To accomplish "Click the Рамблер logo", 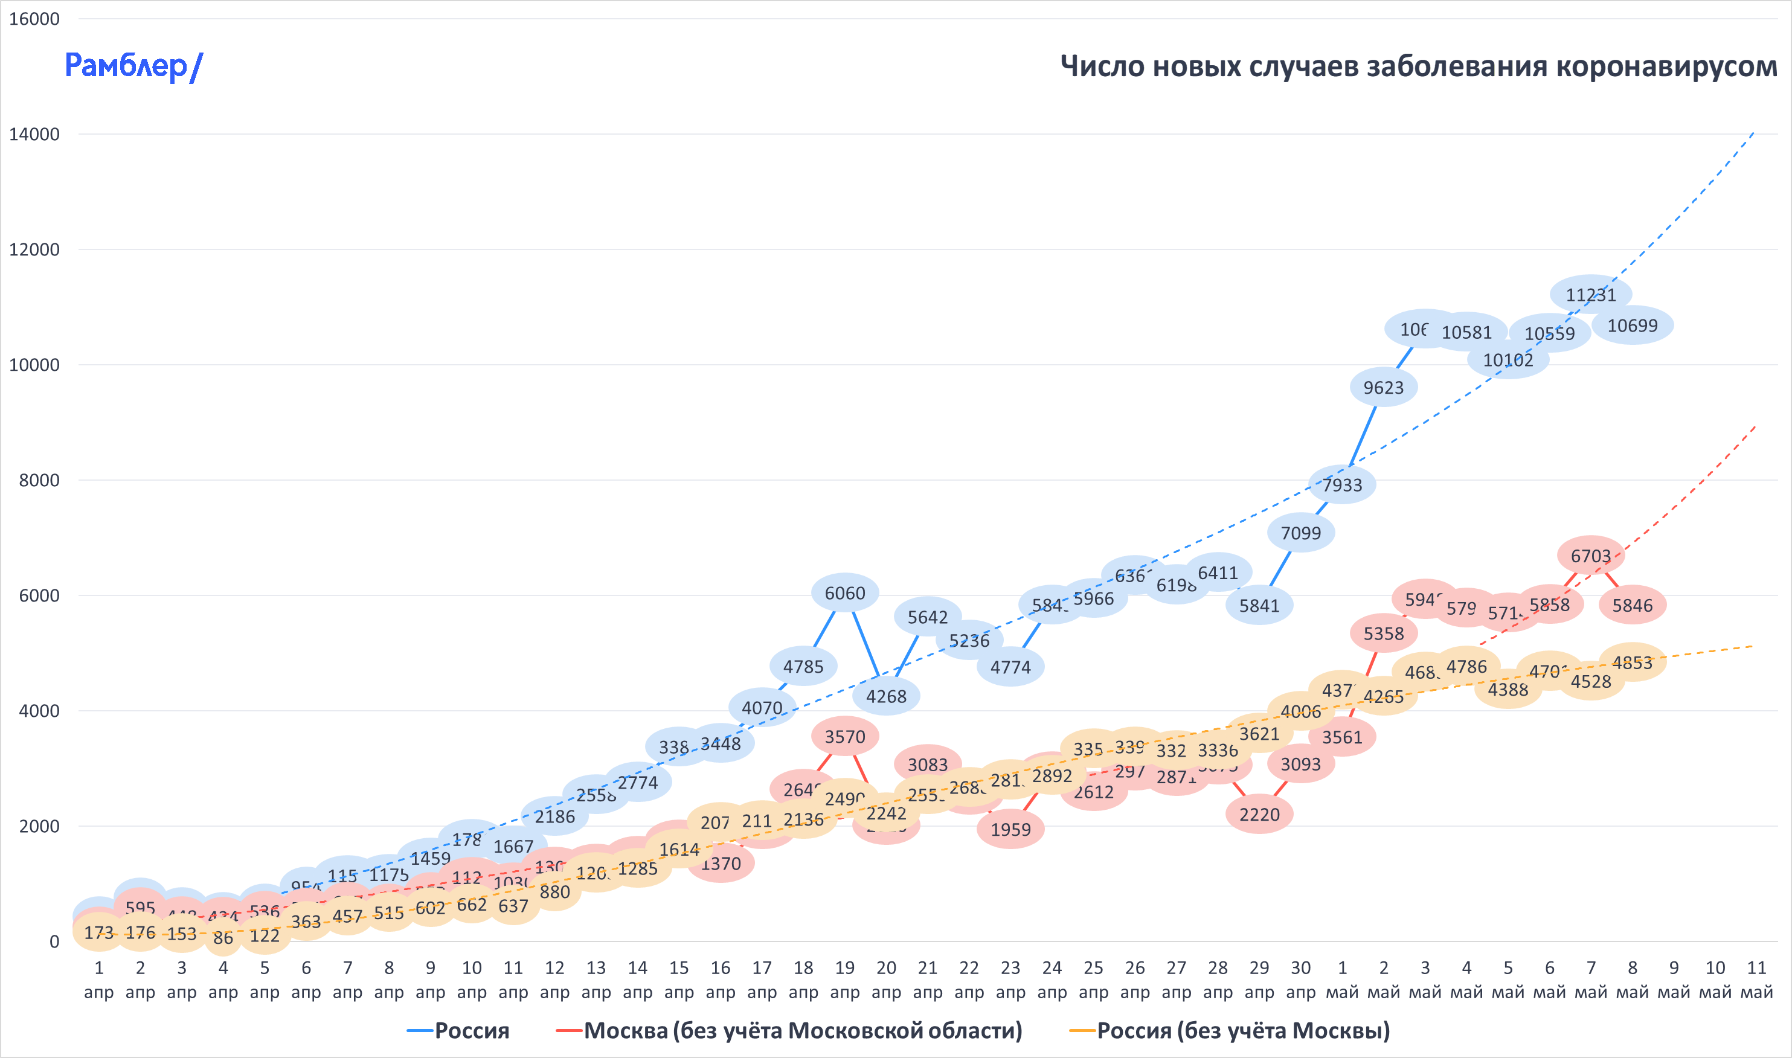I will pyautogui.click(x=133, y=66).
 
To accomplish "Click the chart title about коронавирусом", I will pyautogui.click(x=1418, y=66).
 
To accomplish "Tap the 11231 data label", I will pyautogui.click(x=1590, y=295).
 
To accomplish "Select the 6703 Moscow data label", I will pyautogui.click(x=1590, y=556).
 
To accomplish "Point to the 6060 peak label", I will pyautogui.click(x=844, y=593).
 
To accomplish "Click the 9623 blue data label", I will pyautogui.click(x=1383, y=388).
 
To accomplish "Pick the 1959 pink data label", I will pyautogui.click(x=1010, y=829).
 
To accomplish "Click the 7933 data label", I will pyautogui.click(x=1341, y=485).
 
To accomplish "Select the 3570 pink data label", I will pyautogui.click(x=844, y=737).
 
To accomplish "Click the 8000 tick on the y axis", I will pyautogui.click(x=39, y=481).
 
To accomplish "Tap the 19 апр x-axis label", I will pyautogui.click(x=844, y=979).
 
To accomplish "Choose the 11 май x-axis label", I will pyautogui.click(x=1756, y=979).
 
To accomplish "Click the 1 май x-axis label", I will pyautogui.click(x=1341, y=979).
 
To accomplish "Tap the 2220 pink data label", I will pyautogui.click(x=1259, y=814).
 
